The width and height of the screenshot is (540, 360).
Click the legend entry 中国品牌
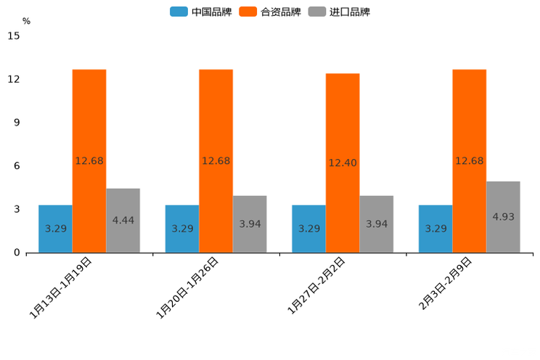click(x=200, y=12)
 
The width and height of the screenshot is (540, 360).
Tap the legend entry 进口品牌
click(x=339, y=12)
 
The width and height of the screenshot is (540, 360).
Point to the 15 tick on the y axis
click(x=14, y=36)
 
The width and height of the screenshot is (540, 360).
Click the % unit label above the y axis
click(x=26, y=22)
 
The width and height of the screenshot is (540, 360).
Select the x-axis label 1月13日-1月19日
click(x=61, y=287)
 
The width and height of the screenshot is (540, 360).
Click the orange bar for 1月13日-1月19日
click(x=89, y=160)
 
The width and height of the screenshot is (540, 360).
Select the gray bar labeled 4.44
click(x=123, y=221)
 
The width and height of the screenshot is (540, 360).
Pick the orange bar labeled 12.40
click(x=343, y=163)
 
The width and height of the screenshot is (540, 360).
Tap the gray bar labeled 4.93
click(x=503, y=217)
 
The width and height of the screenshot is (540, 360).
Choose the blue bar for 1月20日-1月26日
click(x=182, y=229)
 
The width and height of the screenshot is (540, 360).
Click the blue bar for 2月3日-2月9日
click(x=435, y=229)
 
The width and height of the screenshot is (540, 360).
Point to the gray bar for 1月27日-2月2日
click(x=377, y=224)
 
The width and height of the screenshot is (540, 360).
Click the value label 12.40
click(x=343, y=163)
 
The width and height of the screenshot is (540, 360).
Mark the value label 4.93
click(x=504, y=217)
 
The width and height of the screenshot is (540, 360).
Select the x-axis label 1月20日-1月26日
click(x=188, y=287)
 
